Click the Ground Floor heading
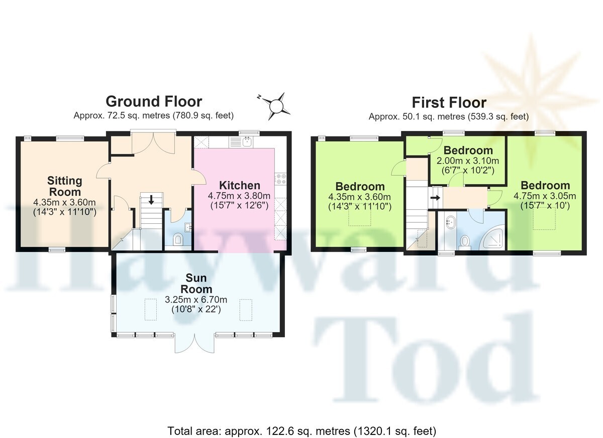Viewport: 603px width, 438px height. (x=154, y=102)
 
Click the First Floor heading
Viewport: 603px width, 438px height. (x=449, y=103)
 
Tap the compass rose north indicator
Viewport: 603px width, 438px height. (x=259, y=97)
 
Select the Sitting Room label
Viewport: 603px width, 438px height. (x=65, y=186)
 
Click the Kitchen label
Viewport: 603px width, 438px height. (x=240, y=186)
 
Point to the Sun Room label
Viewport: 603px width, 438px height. (x=196, y=283)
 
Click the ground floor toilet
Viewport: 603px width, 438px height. (x=178, y=239)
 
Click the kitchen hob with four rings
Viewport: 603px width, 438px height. (x=280, y=179)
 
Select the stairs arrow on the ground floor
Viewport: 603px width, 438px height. (x=151, y=200)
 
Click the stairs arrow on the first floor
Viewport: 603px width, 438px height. (x=435, y=198)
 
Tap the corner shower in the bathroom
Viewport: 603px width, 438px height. (x=493, y=236)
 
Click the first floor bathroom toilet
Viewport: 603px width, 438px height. (x=465, y=242)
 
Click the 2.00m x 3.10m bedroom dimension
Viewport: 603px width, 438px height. (x=468, y=161)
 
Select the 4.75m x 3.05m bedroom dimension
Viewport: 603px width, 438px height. (x=545, y=196)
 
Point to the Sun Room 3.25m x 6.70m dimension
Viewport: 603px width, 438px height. (x=196, y=300)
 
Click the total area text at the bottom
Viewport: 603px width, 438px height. (x=302, y=431)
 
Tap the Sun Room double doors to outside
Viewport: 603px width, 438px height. (x=194, y=343)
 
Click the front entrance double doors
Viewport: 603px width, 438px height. (x=153, y=143)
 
